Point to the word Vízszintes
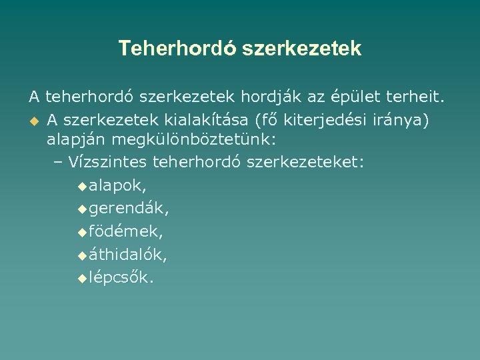coord(108,163)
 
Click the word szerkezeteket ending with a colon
coord(305,163)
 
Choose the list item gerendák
coord(129,209)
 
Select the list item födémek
coord(125,231)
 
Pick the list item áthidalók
coord(128,255)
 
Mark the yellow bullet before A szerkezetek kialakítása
coord(33,120)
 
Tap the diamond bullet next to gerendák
coord(81,209)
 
